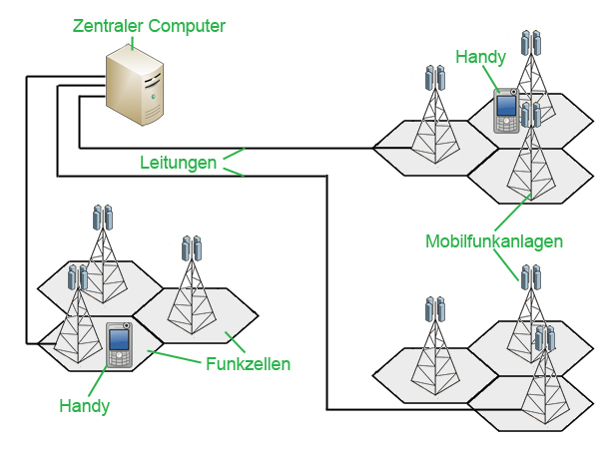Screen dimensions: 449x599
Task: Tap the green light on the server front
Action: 152,98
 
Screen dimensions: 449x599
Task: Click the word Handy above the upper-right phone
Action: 481,57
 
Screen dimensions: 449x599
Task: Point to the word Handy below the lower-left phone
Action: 84,406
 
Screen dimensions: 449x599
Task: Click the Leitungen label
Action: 178,163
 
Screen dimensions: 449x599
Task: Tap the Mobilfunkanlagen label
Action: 494,241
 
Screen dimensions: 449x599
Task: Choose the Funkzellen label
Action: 248,364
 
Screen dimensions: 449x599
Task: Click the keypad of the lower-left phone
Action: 120,357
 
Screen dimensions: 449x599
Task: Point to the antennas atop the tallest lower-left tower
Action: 103,217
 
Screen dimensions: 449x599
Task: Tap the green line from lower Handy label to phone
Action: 100,382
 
